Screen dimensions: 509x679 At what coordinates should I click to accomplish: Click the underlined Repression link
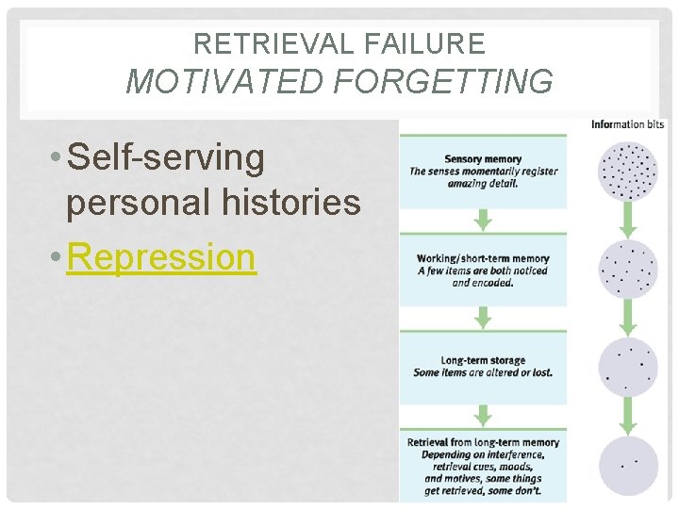tap(161, 255)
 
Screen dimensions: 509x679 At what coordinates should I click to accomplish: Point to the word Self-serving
tap(166, 158)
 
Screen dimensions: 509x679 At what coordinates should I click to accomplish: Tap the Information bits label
tap(628, 124)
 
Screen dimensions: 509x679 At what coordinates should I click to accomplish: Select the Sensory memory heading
tap(483, 159)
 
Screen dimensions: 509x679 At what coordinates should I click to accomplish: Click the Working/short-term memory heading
tap(483, 259)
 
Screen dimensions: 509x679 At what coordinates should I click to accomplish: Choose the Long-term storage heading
tap(483, 360)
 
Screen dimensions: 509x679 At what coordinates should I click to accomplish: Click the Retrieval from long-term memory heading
tap(483, 442)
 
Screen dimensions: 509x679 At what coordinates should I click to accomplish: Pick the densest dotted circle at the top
tap(628, 171)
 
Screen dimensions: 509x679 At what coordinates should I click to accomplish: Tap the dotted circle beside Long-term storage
tap(628, 367)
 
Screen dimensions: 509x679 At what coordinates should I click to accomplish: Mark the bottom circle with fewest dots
tap(628, 465)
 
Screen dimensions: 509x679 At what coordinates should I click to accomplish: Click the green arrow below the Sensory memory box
tap(483, 221)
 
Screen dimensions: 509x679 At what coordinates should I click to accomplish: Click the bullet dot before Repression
tap(59, 257)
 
